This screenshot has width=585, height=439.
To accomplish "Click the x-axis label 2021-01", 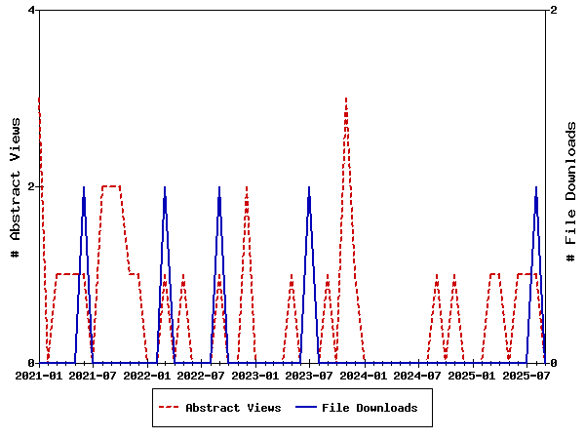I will (39, 375).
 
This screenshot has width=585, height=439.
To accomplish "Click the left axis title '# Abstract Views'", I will (16, 186).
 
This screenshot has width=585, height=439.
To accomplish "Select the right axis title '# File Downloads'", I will (571, 190).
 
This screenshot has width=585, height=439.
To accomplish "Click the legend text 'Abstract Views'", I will (233, 408).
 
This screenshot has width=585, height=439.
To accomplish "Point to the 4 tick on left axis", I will (31, 10).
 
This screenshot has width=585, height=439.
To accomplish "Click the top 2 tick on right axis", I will (554, 10).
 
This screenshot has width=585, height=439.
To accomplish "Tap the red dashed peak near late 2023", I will (345, 98).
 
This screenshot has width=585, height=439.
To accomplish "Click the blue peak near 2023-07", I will (309, 186).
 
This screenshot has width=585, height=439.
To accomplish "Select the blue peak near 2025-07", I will (535, 186).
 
